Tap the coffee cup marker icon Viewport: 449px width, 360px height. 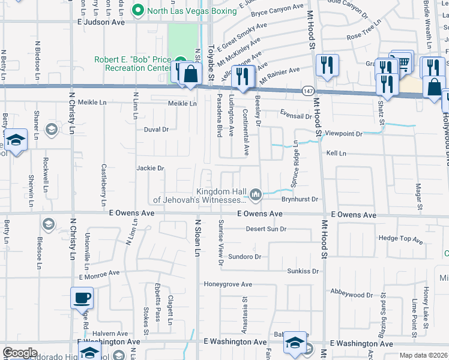pos(82,297)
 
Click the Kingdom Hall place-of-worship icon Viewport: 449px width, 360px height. pos(256,194)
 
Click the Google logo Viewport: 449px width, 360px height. pos(20,353)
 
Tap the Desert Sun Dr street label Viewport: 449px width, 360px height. pos(267,229)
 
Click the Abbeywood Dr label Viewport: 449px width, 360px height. pos(352,295)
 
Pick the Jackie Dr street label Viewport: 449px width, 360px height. pos(150,168)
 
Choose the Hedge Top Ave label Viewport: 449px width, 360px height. pos(401,239)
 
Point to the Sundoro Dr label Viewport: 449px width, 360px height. pos(244,257)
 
